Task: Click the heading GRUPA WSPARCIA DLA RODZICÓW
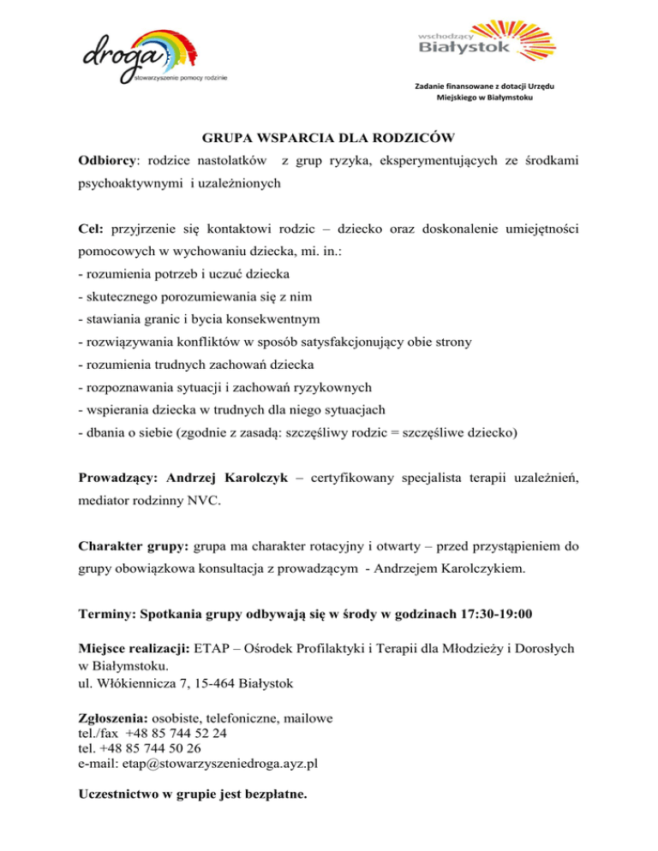pos(329,137)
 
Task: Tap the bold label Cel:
pos(92,229)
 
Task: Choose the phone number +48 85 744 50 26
pos(165,748)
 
